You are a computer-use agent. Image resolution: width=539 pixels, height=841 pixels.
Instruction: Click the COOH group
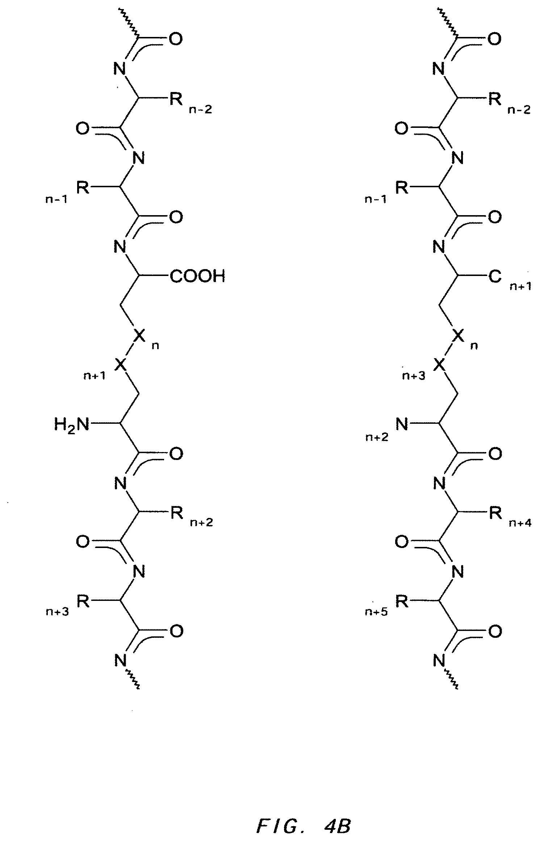197,277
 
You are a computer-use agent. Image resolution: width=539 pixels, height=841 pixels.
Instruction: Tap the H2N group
71,424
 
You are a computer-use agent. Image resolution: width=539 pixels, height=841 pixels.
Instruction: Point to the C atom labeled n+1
495,277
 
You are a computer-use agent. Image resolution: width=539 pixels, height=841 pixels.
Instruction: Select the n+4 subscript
520,523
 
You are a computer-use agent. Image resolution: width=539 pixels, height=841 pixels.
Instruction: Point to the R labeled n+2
176,513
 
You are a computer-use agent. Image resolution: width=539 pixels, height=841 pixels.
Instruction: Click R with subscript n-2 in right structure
495,99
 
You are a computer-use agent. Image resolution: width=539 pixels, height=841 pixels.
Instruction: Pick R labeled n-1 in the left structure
83,188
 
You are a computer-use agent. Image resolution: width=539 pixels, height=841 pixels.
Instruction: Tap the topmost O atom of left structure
176,39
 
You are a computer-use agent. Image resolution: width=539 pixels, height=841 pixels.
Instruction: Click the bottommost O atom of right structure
495,632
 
